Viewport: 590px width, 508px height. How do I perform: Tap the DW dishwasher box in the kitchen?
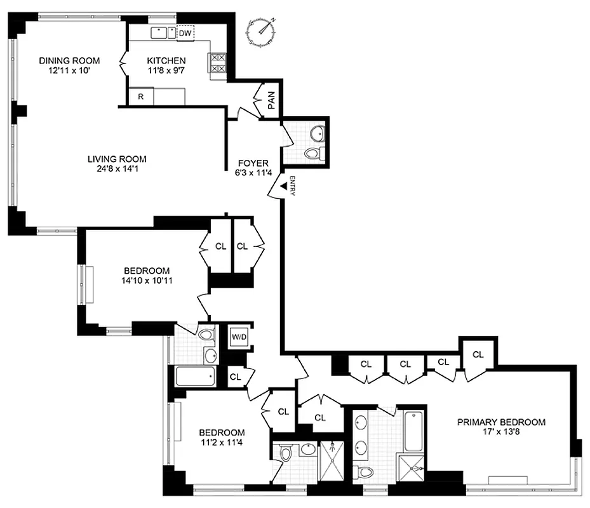coord(185,32)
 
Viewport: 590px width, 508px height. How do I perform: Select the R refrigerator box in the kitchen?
coord(140,97)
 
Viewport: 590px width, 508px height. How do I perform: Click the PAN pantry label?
coord(271,100)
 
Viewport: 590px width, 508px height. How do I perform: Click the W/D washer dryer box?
coord(239,336)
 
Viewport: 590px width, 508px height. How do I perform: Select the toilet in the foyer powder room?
coord(313,153)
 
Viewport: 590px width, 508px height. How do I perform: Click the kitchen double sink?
coord(163,32)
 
